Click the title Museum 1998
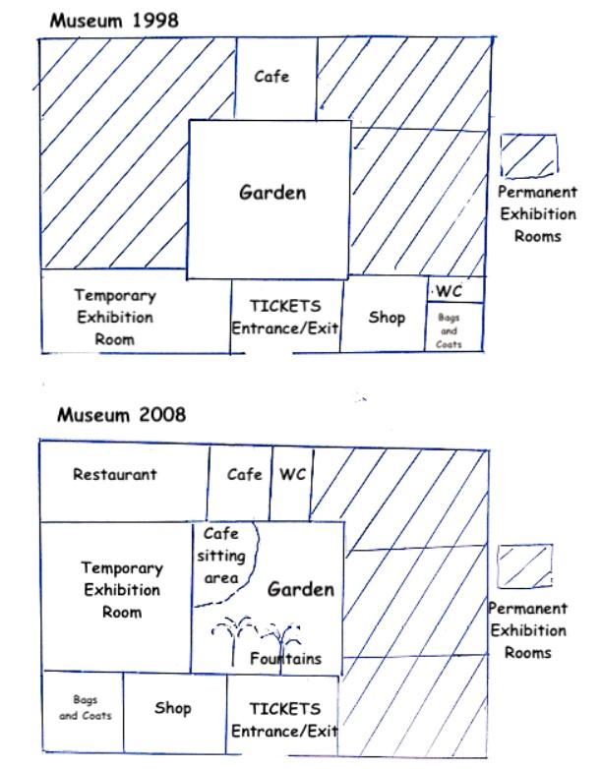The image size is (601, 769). coord(114,21)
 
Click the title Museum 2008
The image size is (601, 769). coord(121,415)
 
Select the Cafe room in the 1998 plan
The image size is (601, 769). coord(276,79)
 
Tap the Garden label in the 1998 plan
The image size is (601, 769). coord(272,193)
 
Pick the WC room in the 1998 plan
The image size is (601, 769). coord(455,290)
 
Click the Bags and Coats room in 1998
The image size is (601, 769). coord(453,326)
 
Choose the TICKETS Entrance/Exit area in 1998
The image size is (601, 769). coord(286,317)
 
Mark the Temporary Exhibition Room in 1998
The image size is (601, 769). coord(136,311)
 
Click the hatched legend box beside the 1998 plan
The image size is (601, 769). coord(529,156)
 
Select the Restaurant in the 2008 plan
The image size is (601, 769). coord(124,481)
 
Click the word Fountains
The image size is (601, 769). coord(285,658)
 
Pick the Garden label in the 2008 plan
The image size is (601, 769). coord(301,589)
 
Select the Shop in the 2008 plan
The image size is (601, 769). coord(175,712)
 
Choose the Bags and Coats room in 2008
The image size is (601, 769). coord(84,712)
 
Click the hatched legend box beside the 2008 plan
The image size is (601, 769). coord(525,566)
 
